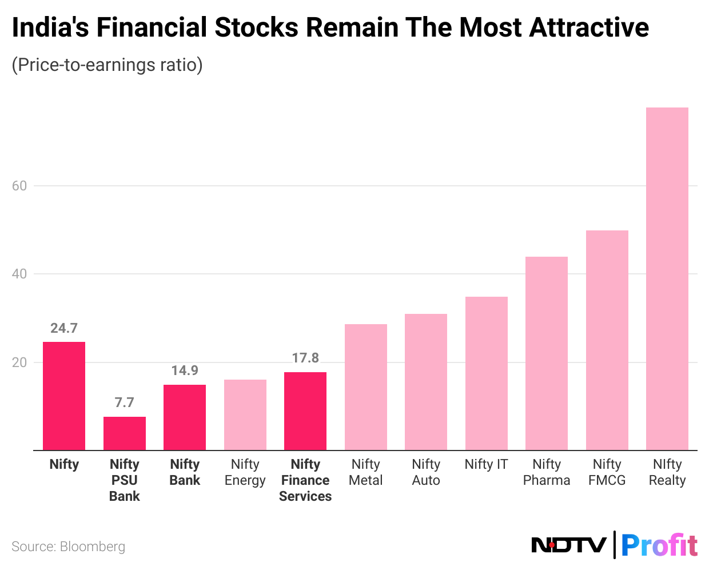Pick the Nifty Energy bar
point(245,414)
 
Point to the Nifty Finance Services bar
point(305,411)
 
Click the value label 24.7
point(64,328)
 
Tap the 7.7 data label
point(125,402)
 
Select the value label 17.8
point(305,358)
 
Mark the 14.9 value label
point(185,370)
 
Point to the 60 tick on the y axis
point(19,186)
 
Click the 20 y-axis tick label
point(19,362)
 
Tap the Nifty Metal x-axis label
point(366,472)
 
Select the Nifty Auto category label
point(426,472)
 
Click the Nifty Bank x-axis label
point(185,472)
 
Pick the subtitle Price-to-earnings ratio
point(107,65)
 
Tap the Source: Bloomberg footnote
point(69,547)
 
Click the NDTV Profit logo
point(614,544)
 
